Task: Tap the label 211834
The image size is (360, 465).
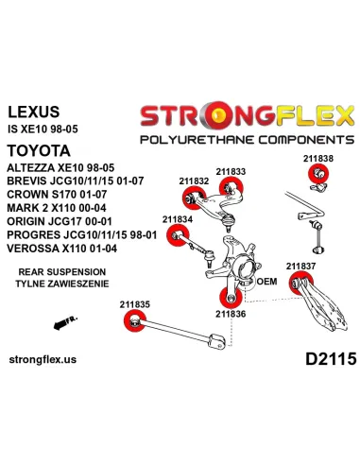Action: point(178,219)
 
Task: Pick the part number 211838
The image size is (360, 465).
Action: point(318,158)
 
